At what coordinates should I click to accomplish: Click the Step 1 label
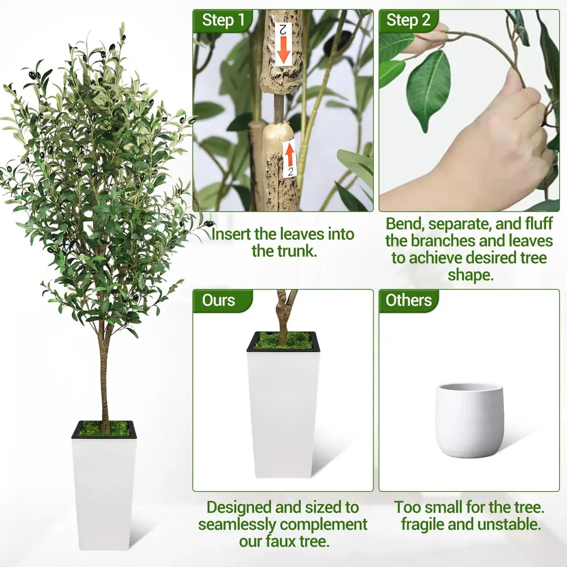click(x=223, y=20)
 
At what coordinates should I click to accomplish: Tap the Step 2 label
click(x=408, y=20)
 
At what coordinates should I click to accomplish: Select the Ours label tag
click(x=218, y=300)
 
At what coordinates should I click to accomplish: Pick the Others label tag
click(x=409, y=300)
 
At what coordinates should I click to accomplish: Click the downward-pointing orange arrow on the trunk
click(x=283, y=49)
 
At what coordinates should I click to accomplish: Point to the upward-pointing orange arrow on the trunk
click(x=289, y=156)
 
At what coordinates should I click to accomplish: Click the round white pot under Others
click(x=470, y=420)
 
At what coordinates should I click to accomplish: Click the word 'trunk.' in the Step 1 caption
click(x=285, y=251)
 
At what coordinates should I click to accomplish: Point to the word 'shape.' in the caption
click(x=471, y=275)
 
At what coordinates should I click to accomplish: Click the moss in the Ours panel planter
click(x=282, y=341)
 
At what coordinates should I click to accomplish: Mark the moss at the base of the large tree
click(x=104, y=429)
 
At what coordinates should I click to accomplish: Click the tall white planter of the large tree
click(x=104, y=484)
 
